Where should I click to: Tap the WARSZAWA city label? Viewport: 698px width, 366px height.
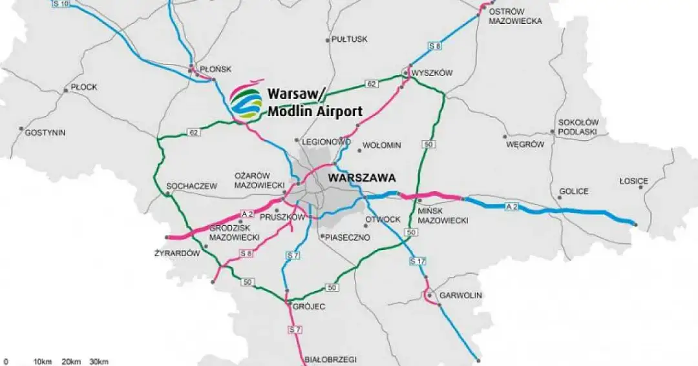point(361,177)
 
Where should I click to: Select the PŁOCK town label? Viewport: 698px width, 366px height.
point(83,86)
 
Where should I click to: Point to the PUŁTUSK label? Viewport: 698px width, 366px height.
point(349,39)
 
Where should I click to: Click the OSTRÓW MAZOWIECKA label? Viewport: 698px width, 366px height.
point(515,16)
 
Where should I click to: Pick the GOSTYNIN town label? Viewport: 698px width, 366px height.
point(45,132)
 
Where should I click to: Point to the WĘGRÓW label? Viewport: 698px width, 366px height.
point(525,145)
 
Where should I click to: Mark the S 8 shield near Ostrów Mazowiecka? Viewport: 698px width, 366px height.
point(435,46)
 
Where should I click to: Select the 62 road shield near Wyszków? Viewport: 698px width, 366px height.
point(371,83)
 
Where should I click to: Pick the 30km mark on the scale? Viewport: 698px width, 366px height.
point(98,361)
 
